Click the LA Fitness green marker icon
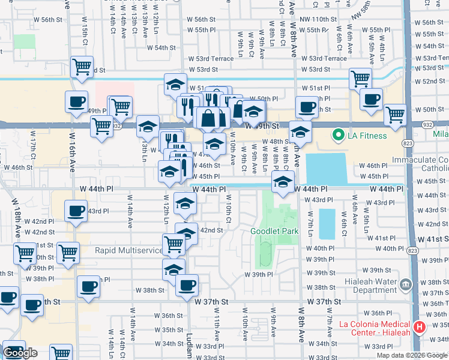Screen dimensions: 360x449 click(338, 136)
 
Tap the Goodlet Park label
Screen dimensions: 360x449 click(274, 231)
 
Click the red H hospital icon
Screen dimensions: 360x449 click(420, 328)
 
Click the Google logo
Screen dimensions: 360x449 click(20, 353)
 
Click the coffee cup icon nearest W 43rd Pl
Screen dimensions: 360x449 click(76, 211)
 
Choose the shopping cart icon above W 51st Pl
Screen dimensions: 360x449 click(360, 77)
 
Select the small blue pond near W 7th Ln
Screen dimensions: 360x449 click(327, 223)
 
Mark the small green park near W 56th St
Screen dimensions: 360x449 click(25, 41)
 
